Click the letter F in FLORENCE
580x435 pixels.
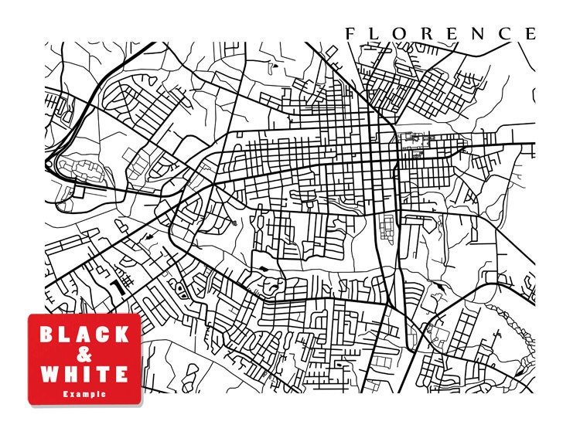[x=350, y=33]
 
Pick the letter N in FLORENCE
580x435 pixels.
[x=479, y=33]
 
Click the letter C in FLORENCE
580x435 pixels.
[x=505, y=33]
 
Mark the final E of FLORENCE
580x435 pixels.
[x=530, y=33]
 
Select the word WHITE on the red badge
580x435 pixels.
[x=84, y=375]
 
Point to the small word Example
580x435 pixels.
[x=84, y=394]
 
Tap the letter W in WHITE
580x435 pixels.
[x=48, y=375]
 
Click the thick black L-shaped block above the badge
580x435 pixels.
[x=118, y=287]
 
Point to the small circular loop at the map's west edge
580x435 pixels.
[x=50, y=163]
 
